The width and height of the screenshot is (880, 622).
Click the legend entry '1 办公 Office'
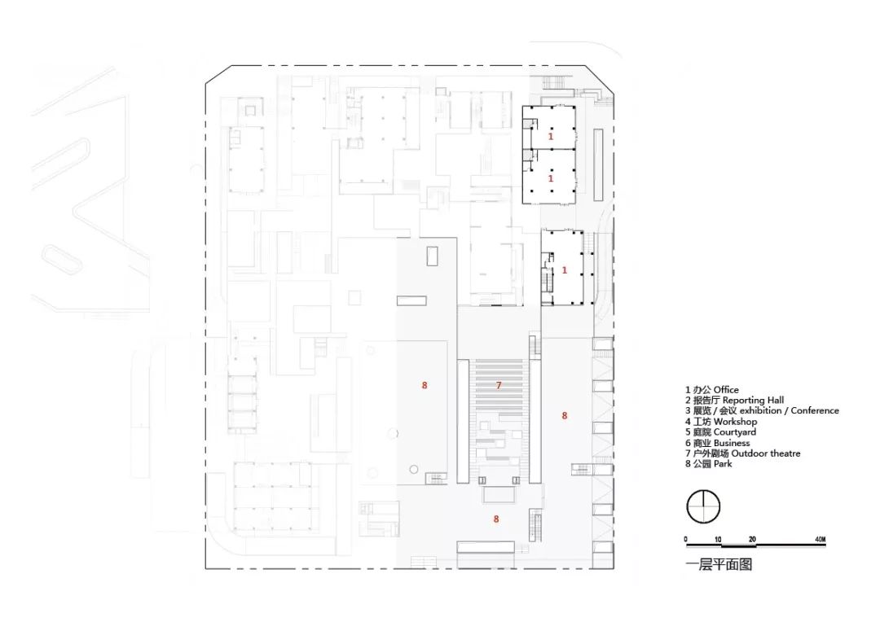pyautogui.click(x=711, y=390)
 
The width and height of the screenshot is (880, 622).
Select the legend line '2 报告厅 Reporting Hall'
pyautogui.click(x=734, y=401)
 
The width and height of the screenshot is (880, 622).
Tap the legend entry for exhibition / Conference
pyautogui.click(x=762, y=411)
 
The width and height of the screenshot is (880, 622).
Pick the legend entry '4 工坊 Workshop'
pyautogui.click(x=721, y=422)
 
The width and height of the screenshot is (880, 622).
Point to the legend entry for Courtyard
pyautogui.click(x=720, y=432)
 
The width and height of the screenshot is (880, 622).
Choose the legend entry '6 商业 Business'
pyautogui.click(x=717, y=443)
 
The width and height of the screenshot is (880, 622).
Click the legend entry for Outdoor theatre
pyautogui.click(x=742, y=453)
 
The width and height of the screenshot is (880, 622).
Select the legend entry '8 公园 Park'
pyautogui.click(x=708, y=464)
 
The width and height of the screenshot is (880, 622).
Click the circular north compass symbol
pyautogui.click(x=702, y=506)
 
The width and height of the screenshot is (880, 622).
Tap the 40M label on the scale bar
pyautogui.click(x=820, y=540)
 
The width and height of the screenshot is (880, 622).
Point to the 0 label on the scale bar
pyautogui.click(x=686, y=540)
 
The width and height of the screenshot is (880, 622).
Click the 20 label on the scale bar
pyautogui.click(x=752, y=540)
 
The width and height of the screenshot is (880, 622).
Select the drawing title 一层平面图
pyautogui.click(x=719, y=563)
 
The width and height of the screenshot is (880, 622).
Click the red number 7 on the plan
pyautogui.click(x=499, y=384)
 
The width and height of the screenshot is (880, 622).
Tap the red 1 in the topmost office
pyautogui.click(x=551, y=138)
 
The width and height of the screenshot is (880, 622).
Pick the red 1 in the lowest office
pyautogui.click(x=565, y=270)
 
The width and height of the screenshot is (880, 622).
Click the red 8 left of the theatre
pyautogui.click(x=425, y=385)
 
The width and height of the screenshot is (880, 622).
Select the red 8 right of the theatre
pyautogui.click(x=564, y=415)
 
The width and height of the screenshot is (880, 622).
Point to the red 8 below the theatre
pyautogui.click(x=495, y=518)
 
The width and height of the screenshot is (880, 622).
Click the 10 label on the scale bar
pyautogui.click(x=719, y=540)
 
